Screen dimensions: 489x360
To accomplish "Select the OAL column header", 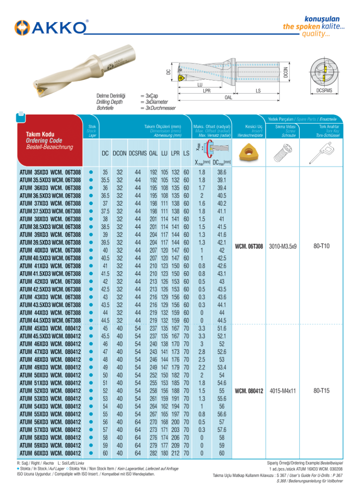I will tap(154, 153).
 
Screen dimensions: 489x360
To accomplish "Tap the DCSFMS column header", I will tap(138, 153).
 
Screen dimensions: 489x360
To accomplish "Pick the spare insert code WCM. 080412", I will tap(249, 391).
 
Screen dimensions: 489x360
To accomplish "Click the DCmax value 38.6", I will tap(222, 173).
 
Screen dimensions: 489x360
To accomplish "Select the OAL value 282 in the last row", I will tap(154, 453).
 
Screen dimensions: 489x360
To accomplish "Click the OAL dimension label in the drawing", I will tap(229, 97).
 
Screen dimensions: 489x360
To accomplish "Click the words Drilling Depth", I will tap(110, 102).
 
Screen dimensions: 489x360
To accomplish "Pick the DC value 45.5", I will tap(105, 336).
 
